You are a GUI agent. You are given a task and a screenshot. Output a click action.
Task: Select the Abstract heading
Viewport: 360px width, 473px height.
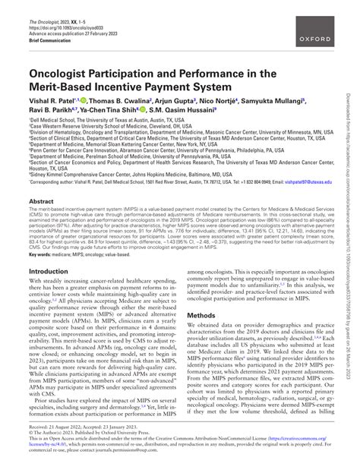41,202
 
